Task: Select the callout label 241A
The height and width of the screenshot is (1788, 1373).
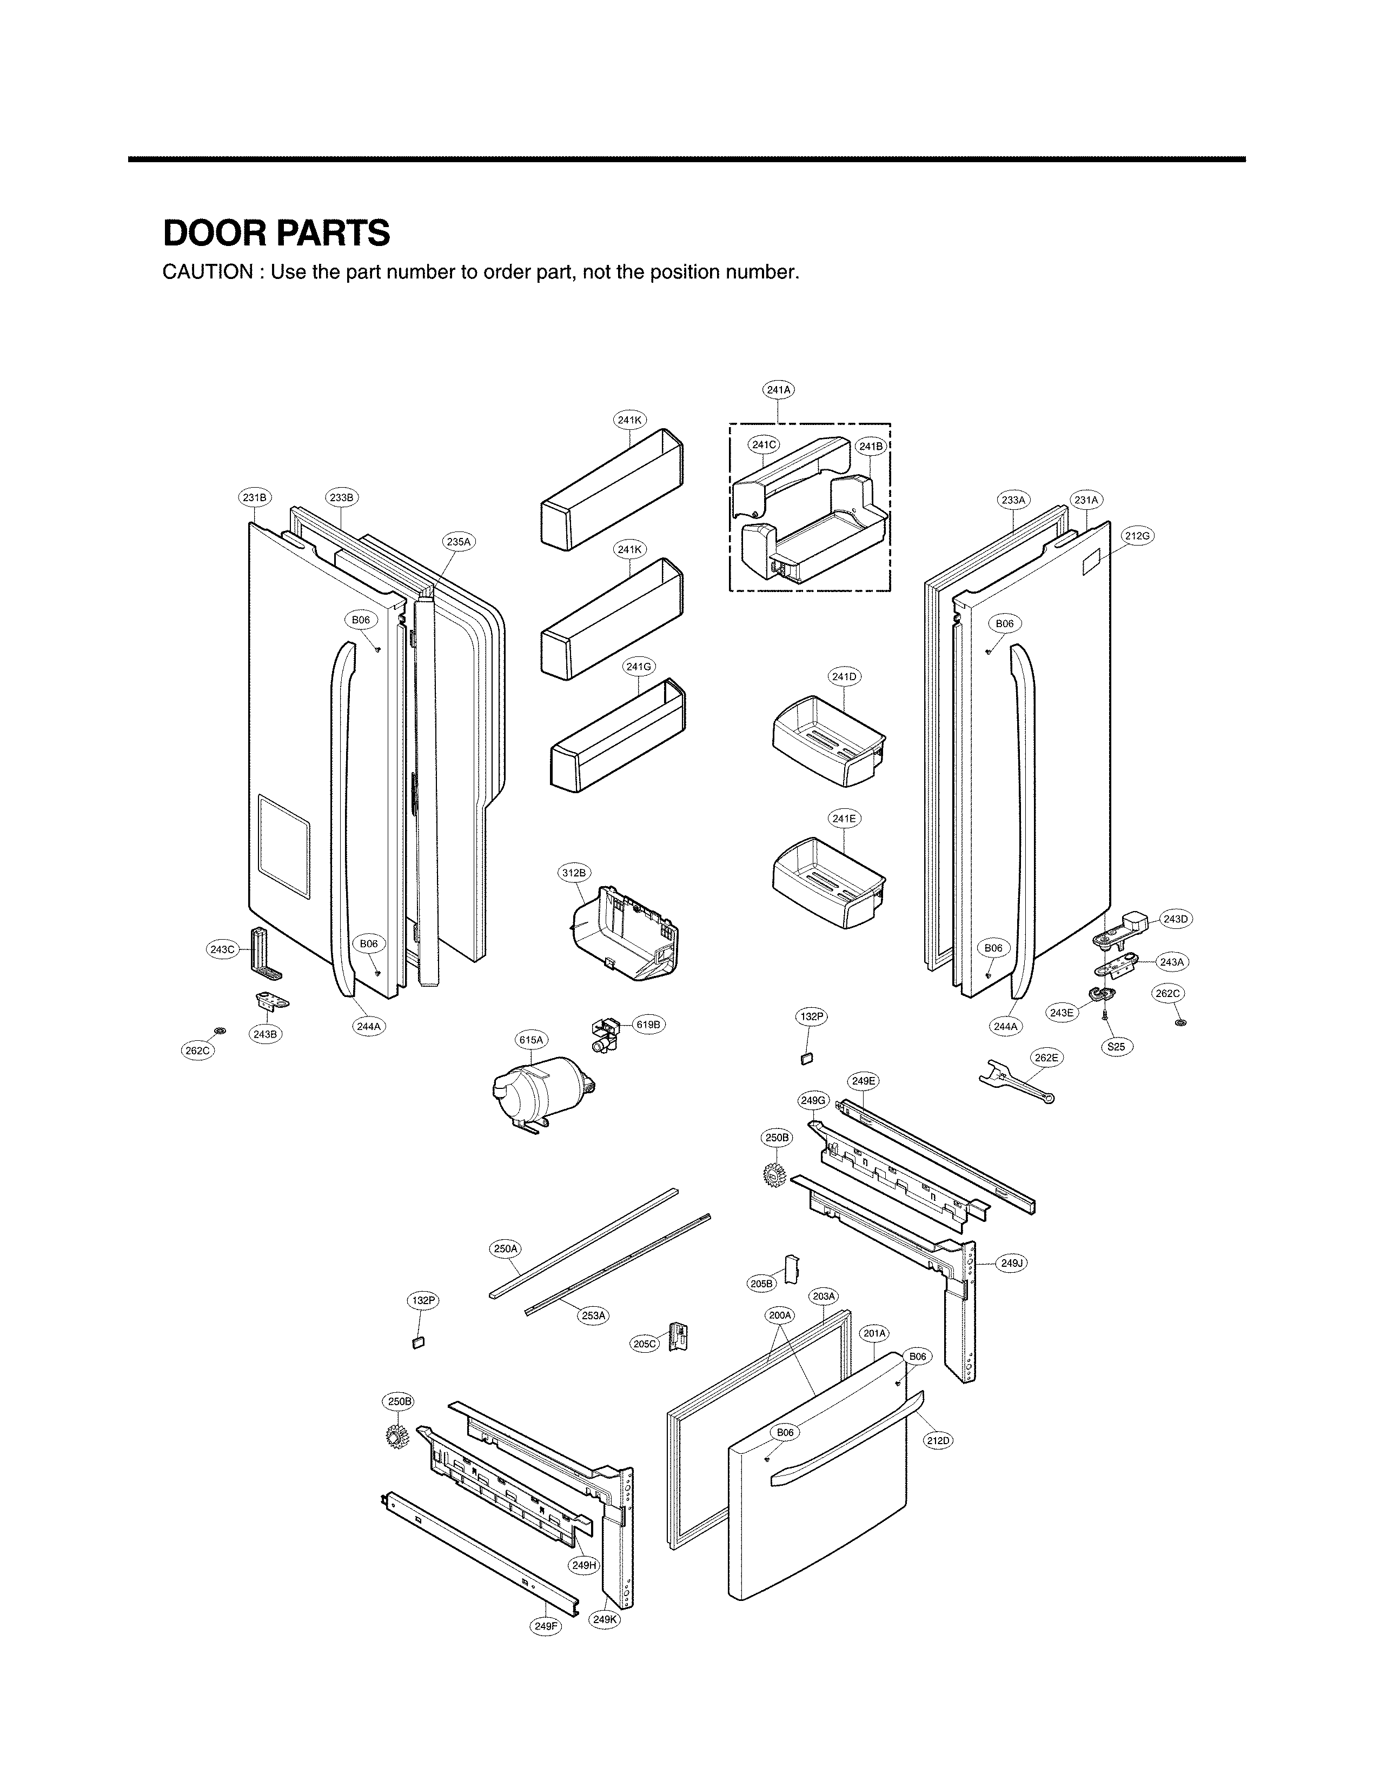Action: (778, 390)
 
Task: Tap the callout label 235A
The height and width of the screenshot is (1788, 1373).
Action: (459, 541)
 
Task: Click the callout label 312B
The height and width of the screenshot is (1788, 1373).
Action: (574, 873)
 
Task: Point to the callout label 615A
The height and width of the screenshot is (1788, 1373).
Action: (530, 1040)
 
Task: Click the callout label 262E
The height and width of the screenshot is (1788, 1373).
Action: (1045, 1058)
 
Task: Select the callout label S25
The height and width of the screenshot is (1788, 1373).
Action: (1116, 1047)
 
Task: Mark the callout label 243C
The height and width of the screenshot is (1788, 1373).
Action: (222, 949)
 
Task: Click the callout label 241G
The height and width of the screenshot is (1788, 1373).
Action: (638, 667)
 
